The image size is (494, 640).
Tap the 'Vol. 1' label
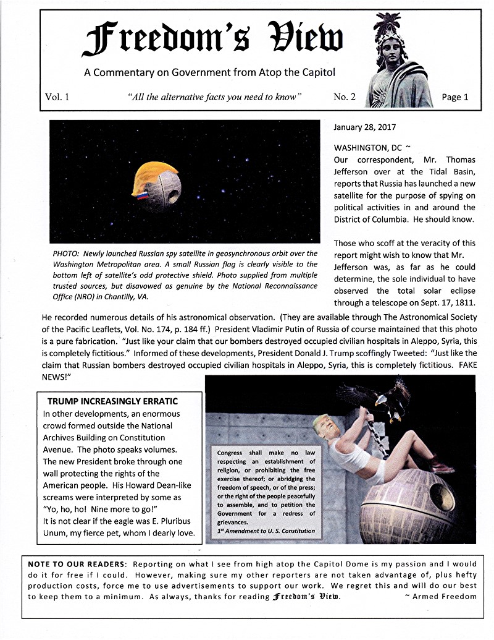tap(57, 96)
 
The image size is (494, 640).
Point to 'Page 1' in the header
tap(455, 96)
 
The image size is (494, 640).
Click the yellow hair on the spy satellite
tap(156, 175)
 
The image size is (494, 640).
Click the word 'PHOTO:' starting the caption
tap(67, 254)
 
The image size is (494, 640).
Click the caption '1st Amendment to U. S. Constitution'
tap(266, 531)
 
